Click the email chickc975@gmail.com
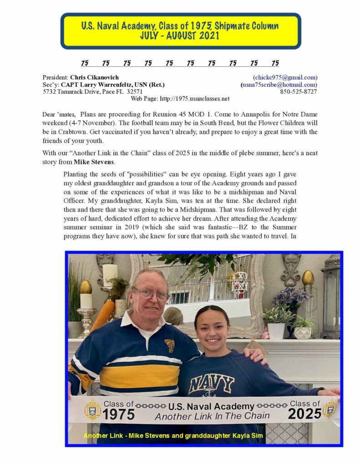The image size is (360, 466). point(285,77)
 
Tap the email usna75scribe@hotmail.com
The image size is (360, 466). point(279,85)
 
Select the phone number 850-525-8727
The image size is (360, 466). point(299,91)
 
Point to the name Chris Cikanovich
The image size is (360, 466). point(94,77)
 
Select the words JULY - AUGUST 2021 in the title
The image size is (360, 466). point(180,35)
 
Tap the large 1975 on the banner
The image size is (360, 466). point(118,414)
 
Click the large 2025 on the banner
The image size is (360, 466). point(305,414)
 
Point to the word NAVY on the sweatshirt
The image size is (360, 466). point(211,384)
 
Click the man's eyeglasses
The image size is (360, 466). point(152,294)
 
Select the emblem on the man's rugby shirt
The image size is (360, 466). point(169,345)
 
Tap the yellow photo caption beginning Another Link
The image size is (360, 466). point(173,436)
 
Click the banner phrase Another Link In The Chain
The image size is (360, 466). point(212,416)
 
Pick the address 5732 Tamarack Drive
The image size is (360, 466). point(73,91)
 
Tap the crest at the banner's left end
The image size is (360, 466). point(93,409)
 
